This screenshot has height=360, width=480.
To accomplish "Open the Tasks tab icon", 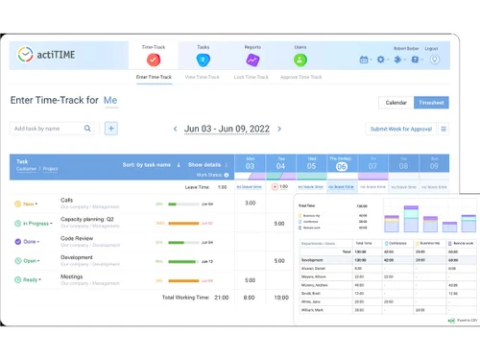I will pyautogui.click(x=203, y=59).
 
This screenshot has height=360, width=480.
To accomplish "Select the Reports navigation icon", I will pyautogui.click(x=252, y=59).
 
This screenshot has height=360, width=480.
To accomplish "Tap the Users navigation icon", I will pyautogui.click(x=300, y=59).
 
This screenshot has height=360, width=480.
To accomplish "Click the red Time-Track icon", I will pyautogui.click(x=153, y=59).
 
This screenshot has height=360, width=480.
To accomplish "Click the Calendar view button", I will pyautogui.click(x=396, y=102).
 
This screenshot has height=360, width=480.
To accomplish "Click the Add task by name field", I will pyautogui.click(x=48, y=128).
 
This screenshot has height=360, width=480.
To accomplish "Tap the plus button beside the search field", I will pyautogui.click(x=111, y=128).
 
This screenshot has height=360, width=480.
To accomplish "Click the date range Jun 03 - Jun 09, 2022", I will pyautogui.click(x=226, y=129).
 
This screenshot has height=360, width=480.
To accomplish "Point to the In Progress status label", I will pyautogui.click(x=35, y=223).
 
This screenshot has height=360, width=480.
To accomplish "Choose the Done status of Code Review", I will pyautogui.click(x=29, y=241).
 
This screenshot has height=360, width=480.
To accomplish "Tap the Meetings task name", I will pyautogui.click(x=72, y=276).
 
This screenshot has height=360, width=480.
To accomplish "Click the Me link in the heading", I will pyautogui.click(x=110, y=100).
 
